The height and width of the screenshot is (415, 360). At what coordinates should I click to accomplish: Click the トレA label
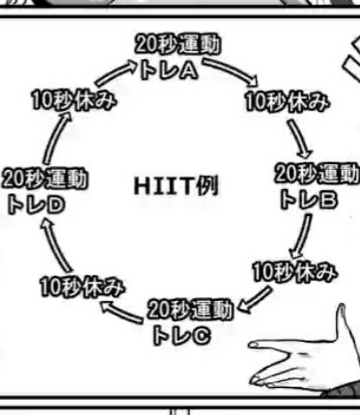(x=169, y=70)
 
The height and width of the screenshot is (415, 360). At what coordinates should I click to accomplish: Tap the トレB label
(x=309, y=200)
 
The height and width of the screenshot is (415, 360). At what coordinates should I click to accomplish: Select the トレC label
(x=182, y=335)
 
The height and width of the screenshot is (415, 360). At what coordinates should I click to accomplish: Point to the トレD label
(x=36, y=205)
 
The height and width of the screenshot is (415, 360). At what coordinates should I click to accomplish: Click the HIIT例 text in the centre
(x=176, y=186)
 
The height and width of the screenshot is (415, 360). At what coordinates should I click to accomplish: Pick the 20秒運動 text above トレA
(x=178, y=44)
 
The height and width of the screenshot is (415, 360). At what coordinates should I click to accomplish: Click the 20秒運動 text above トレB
(x=318, y=174)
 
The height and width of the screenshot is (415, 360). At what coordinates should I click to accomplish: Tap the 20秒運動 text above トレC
(x=190, y=310)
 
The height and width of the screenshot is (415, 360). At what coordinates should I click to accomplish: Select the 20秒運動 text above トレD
(x=44, y=179)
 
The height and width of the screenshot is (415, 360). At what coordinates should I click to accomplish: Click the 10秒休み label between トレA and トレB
(x=288, y=101)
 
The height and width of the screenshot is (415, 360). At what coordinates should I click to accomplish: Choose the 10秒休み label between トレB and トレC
(x=294, y=272)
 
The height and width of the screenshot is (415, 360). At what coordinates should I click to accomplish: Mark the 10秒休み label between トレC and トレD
(x=82, y=287)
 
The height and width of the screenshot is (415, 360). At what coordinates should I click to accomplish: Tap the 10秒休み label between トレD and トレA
(x=74, y=100)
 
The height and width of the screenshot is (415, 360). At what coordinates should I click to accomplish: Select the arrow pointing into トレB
(x=299, y=138)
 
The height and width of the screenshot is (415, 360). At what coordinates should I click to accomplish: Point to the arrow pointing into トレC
(x=255, y=300)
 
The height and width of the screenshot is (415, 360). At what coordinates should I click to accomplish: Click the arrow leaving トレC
(x=122, y=312)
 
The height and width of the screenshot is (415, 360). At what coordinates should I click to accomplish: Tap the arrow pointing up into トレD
(x=55, y=246)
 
